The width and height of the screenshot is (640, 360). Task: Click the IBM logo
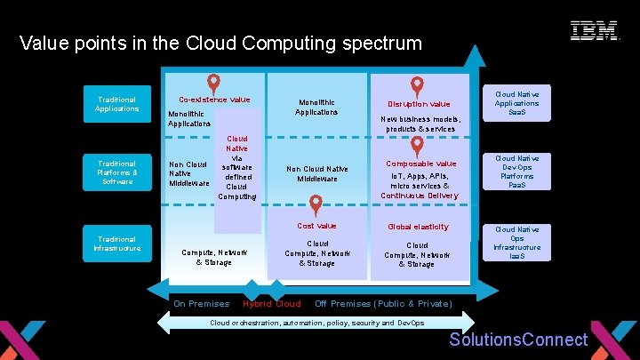[x=595, y=31]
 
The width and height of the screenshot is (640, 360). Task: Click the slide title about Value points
[x=220, y=43]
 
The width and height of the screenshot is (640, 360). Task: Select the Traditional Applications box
[x=116, y=105]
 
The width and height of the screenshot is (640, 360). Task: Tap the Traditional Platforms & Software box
[x=116, y=172]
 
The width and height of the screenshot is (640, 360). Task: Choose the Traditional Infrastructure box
[x=116, y=244]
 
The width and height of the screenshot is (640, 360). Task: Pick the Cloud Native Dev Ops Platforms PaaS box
[x=517, y=172]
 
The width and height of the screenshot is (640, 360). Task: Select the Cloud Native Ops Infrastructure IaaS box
[x=517, y=243]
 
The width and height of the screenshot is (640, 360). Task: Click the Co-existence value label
[x=214, y=100]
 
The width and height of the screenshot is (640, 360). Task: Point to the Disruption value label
[x=420, y=104]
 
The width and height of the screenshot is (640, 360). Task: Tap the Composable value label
[x=420, y=164]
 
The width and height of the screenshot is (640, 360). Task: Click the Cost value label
[x=316, y=226]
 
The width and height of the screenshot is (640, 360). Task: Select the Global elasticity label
[x=418, y=227]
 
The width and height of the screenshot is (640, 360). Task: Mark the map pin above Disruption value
[x=417, y=85]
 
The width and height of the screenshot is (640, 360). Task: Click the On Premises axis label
[x=201, y=304]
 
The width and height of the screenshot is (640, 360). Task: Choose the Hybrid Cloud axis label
[x=272, y=304]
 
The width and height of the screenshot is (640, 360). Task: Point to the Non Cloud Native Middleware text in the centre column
[x=316, y=173]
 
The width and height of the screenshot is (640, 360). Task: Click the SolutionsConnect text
[x=518, y=340]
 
